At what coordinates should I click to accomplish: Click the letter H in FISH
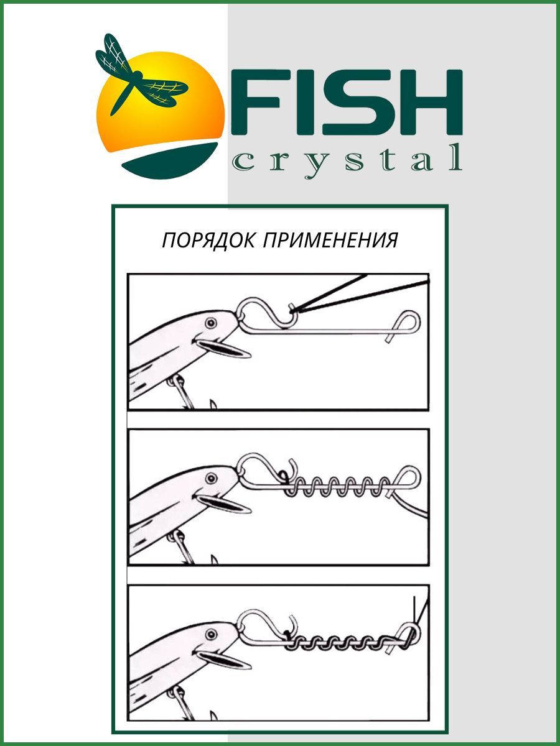tap(431, 102)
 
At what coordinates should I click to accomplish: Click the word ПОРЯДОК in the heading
tap(208, 241)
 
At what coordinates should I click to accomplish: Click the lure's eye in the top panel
tap(211, 322)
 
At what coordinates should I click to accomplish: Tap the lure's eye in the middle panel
tap(211, 479)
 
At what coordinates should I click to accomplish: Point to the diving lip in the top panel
tap(223, 348)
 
